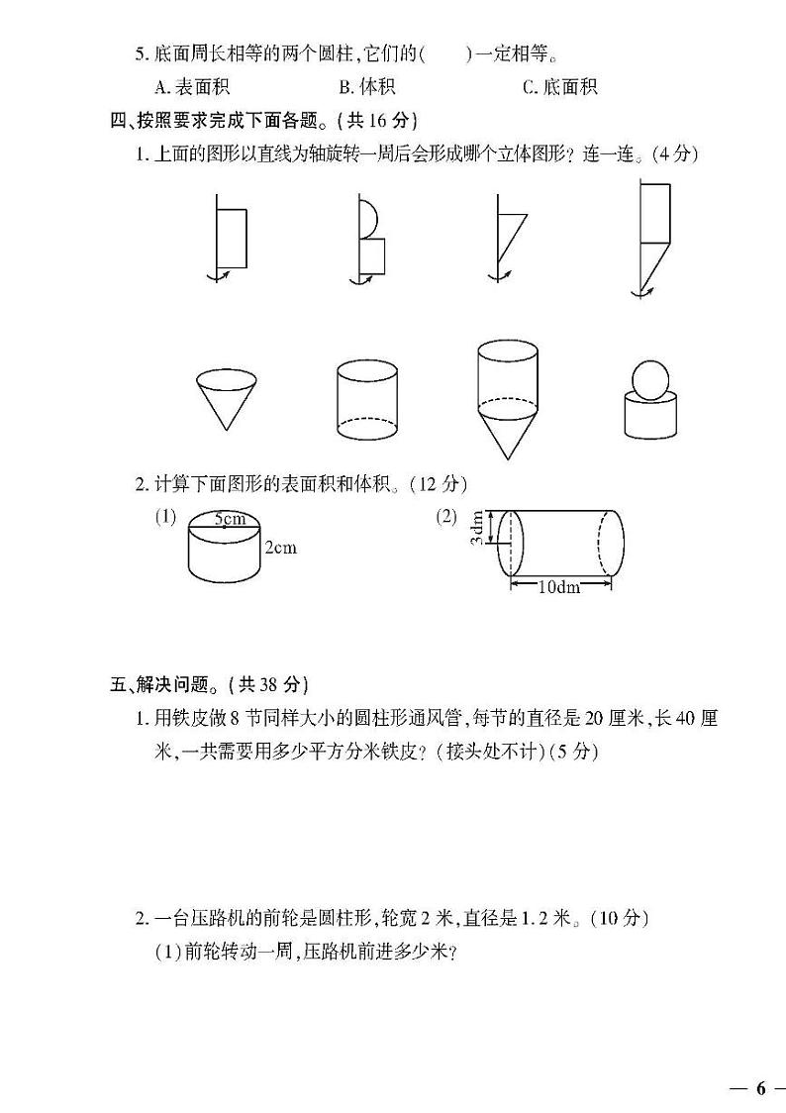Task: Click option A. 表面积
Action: point(178,86)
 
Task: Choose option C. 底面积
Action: point(560,86)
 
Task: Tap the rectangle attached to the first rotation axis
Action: point(232,238)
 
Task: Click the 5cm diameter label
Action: point(229,518)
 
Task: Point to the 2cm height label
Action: point(280,547)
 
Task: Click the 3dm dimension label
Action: point(477,528)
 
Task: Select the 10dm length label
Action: point(558,586)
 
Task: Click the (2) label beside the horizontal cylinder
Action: point(447,516)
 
